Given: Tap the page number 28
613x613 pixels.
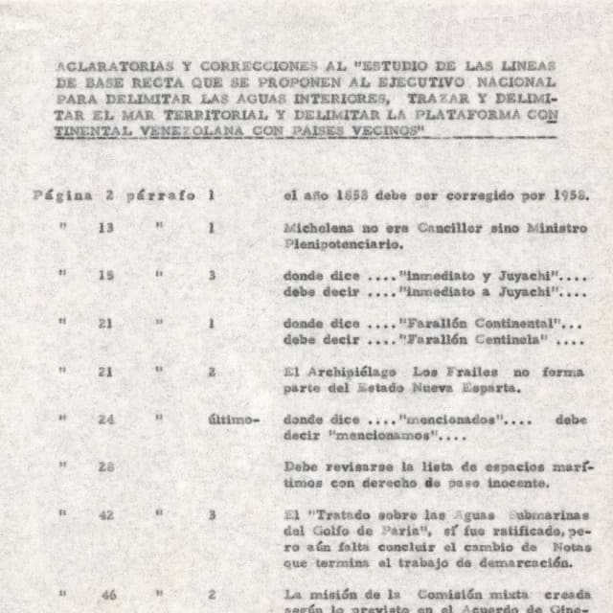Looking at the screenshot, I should [105, 466].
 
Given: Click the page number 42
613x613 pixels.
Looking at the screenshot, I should [105, 514].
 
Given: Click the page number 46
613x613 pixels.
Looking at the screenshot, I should [108, 595].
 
